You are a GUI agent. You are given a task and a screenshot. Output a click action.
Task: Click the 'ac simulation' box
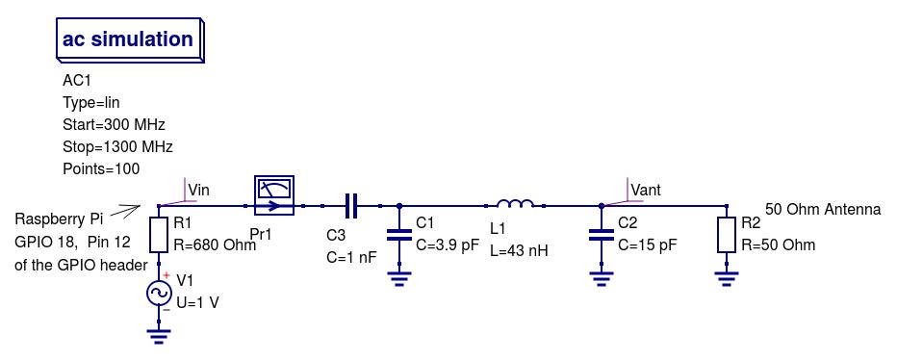tap(128, 40)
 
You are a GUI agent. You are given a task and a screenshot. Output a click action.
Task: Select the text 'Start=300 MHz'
tap(114, 125)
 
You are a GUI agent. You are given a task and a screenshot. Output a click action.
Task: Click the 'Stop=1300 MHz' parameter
tap(117, 147)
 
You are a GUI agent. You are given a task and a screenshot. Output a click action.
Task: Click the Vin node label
tap(198, 191)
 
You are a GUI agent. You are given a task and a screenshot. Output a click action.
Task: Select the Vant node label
tap(645, 191)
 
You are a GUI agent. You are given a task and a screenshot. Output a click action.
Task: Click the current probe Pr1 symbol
tap(273, 195)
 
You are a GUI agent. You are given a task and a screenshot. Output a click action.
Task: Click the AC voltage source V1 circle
tap(159, 293)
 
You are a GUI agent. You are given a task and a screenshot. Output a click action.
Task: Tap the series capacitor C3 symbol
tap(351, 205)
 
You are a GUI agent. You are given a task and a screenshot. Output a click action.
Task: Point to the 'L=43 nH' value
tap(519, 250)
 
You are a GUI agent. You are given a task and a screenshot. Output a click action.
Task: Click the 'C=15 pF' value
tap(647, 244)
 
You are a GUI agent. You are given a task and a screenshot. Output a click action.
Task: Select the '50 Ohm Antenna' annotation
tap(823, 209)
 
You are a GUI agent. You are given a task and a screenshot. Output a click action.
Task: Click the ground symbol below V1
tap(159, 336)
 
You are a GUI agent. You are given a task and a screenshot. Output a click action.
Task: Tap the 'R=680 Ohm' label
tap(215, 244)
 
